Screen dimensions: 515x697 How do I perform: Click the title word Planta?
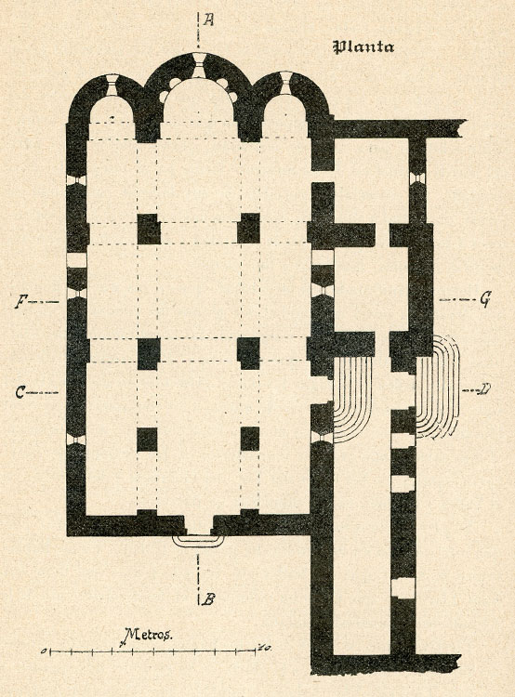(x=363, y=47)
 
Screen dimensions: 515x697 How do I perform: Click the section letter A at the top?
(x=208, y=20)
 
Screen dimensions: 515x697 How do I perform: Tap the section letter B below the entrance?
(x=207, y=600)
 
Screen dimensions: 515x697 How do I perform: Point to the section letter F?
(x=20, y=302)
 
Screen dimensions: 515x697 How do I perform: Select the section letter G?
(x=484, y=301)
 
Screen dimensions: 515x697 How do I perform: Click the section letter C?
(x=20, y=392)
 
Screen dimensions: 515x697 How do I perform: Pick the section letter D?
(x=484, y=390)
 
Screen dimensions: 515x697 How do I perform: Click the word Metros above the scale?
(x=147, y=636)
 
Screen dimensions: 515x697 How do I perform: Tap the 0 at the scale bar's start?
(x=44, y=651)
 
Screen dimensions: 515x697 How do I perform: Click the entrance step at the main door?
(x=198, y=540)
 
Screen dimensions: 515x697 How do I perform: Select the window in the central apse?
(x=198, y=65)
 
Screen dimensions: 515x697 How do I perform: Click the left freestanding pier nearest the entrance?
(x=147, y=440)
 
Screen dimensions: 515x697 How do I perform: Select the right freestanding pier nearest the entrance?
(x=250, y=439)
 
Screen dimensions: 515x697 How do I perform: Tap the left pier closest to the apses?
(x=149, y=229)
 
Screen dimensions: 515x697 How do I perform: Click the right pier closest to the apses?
(x=248, y=228)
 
